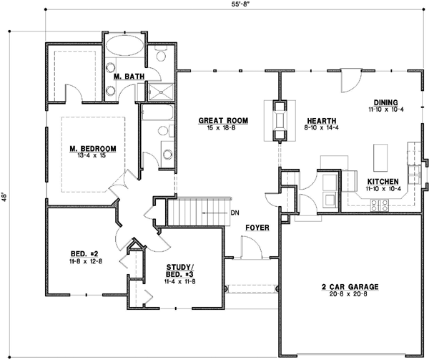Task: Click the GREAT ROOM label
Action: click(x=223, y=122)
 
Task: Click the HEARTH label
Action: click(x=317, y=121)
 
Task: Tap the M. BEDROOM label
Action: click(x=92, y=149)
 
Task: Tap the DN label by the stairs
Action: click(x=235, y=213)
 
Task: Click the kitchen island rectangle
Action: click(x=380, y=155)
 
